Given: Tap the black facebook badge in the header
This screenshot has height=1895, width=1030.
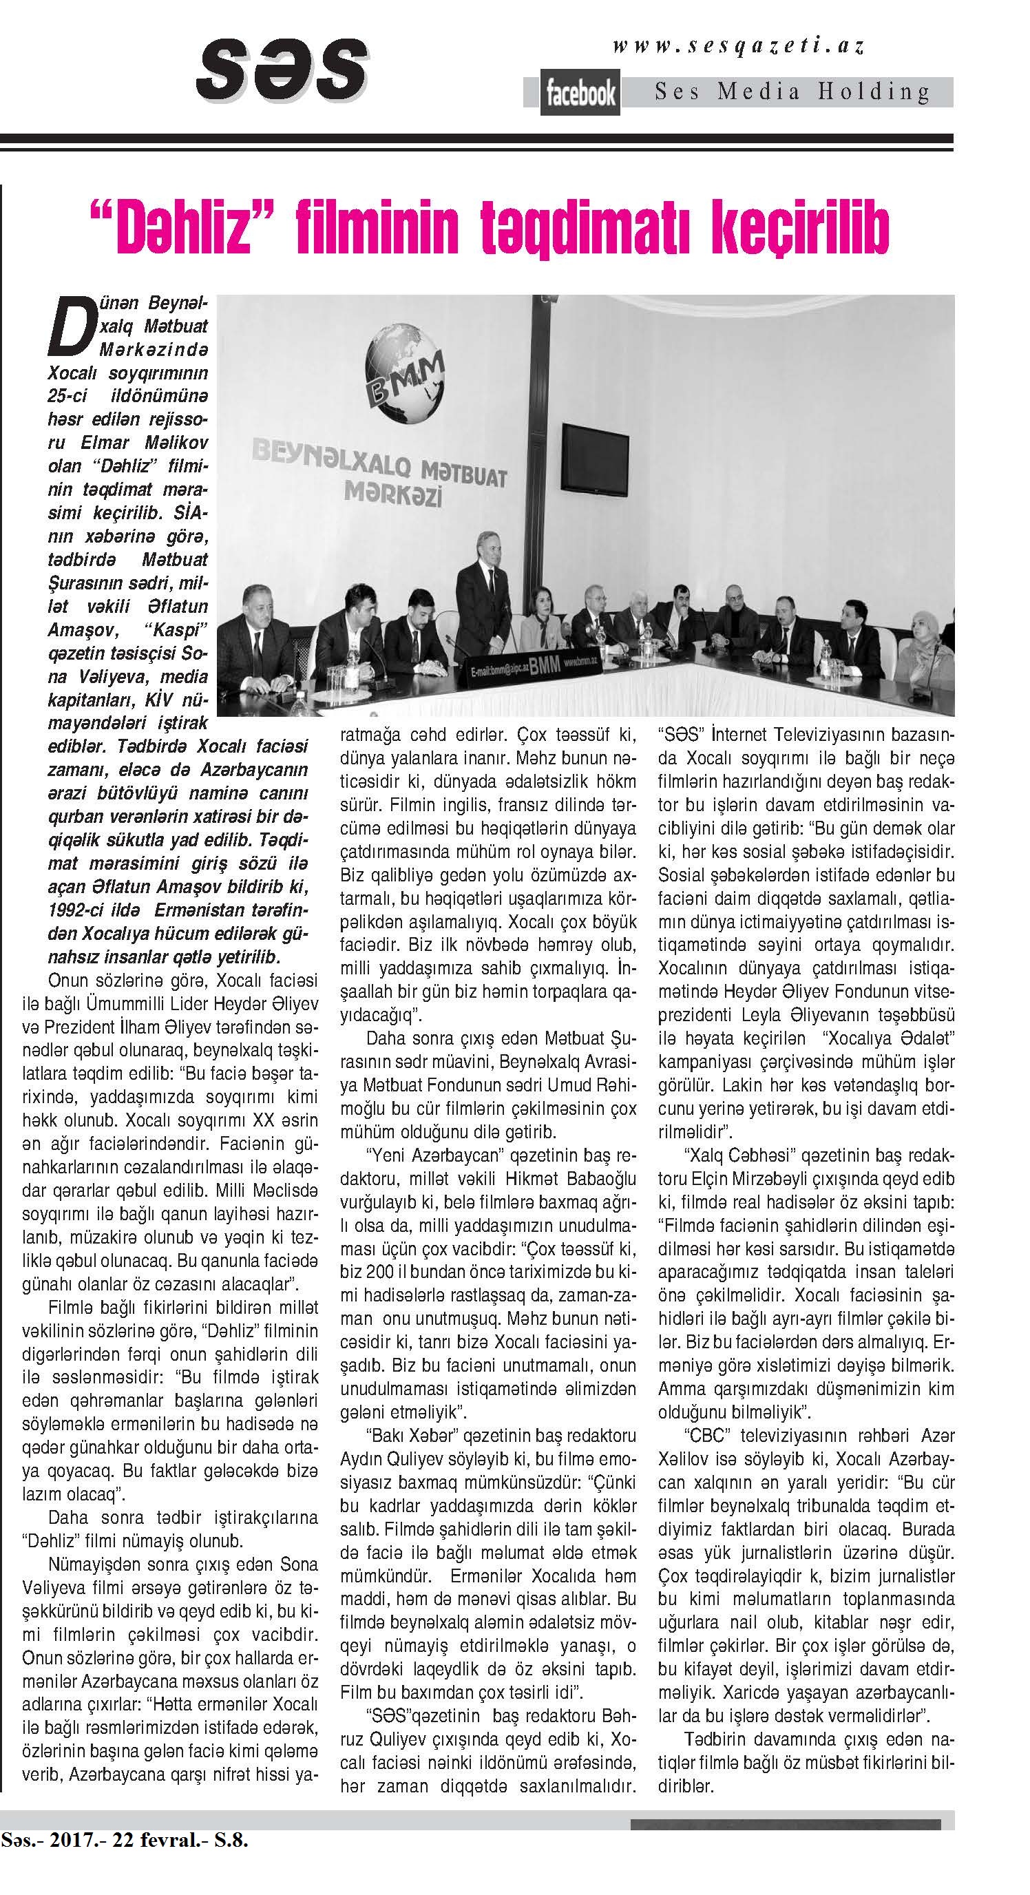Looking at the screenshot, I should (580, 94).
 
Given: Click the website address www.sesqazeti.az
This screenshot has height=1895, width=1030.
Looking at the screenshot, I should (739, 46).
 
